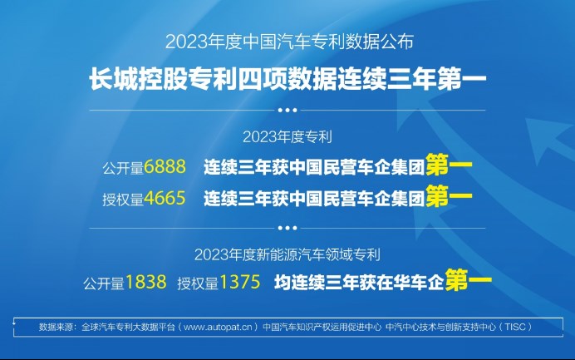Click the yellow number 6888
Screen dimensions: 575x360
pyautogui.click(x=165, y=167)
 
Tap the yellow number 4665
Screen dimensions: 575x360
pyautogui.click(x=165, y=199)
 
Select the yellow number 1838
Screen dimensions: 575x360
pyautogui.click(x=146, y=282)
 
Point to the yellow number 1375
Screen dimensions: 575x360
pyautogui.click(x=240, y=282)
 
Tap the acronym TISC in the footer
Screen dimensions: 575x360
pyautogui.click(x=515, y=327)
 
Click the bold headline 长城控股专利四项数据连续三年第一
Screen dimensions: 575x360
pyautogui.click(x=287, y=79)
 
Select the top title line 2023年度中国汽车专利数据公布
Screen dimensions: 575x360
pyautogui.click(x=289, y=42)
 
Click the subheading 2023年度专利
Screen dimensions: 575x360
pyautogui.click(x=287, y=137)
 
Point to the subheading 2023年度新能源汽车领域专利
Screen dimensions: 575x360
pyautogui.click(x=287, y=254)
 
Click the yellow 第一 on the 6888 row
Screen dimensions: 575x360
pyautogui.click(x=449, y=165)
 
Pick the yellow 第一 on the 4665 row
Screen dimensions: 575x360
pyautogui.click(x=449, y=196)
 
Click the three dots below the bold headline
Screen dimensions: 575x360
pyautogui.click(x=287, y=110)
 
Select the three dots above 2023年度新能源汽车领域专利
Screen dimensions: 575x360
pyautogui.click(x=287, y=228)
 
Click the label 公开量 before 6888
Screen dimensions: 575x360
pyautogui.click(x=123, y=169)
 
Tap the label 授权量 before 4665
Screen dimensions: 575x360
pyautogui.click(x=123, y=200)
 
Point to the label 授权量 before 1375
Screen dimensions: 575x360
pyautogui.click(x=198, y=284)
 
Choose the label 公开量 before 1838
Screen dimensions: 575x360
pyautogui.click(x=104, y=284)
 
